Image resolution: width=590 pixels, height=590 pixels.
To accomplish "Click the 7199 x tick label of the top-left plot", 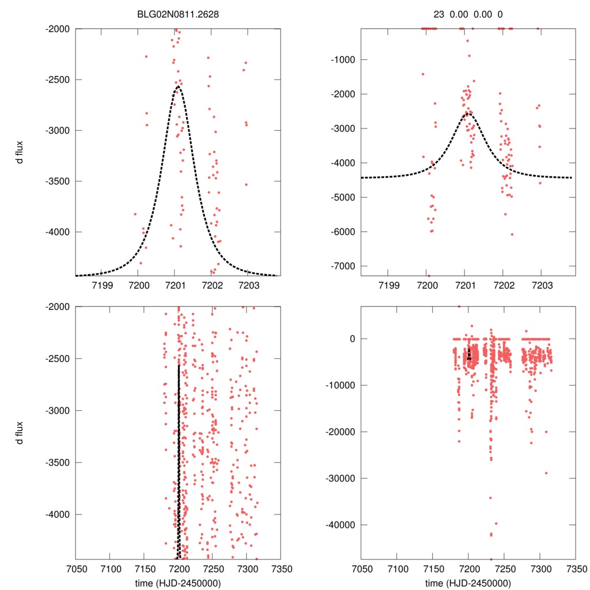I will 101,285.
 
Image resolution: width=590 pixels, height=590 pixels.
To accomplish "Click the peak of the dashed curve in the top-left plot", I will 178,87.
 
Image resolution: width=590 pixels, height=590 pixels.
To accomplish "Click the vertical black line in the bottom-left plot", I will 179,461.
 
